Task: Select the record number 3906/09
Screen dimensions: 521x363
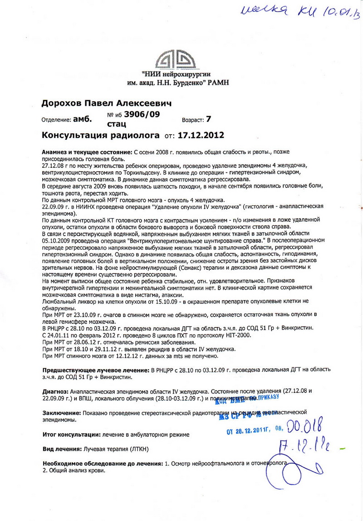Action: coord(142,114)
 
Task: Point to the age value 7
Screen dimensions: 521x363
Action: coord(208,119)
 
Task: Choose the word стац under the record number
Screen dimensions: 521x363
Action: coord(117,123)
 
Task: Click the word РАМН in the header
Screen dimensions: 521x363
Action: coord(217,82)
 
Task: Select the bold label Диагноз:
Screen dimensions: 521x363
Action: coord(55,390)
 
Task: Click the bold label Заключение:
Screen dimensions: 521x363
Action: coord(61,413)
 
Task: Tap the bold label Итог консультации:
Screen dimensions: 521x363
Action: coord(70,434)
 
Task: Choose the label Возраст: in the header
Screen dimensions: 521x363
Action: coord(193,120)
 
